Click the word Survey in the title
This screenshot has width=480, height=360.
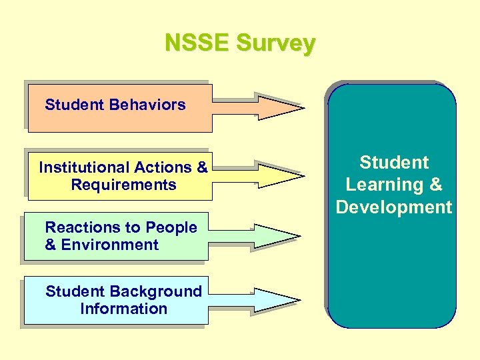point(276,44)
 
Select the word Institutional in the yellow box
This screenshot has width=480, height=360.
point(83,167)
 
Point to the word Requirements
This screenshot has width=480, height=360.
point(123,185)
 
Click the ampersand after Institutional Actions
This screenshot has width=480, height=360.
point(202,167)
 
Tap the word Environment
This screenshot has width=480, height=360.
point(110,245)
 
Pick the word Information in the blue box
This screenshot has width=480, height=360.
point(123,309)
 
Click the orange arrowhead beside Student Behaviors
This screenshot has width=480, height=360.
point(280,107)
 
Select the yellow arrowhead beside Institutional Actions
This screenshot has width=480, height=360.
point(280,175)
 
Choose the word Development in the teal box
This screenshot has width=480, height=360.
point(393,207)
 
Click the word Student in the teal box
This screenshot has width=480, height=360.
point(394,163)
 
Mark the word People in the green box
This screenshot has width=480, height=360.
point(171,227)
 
